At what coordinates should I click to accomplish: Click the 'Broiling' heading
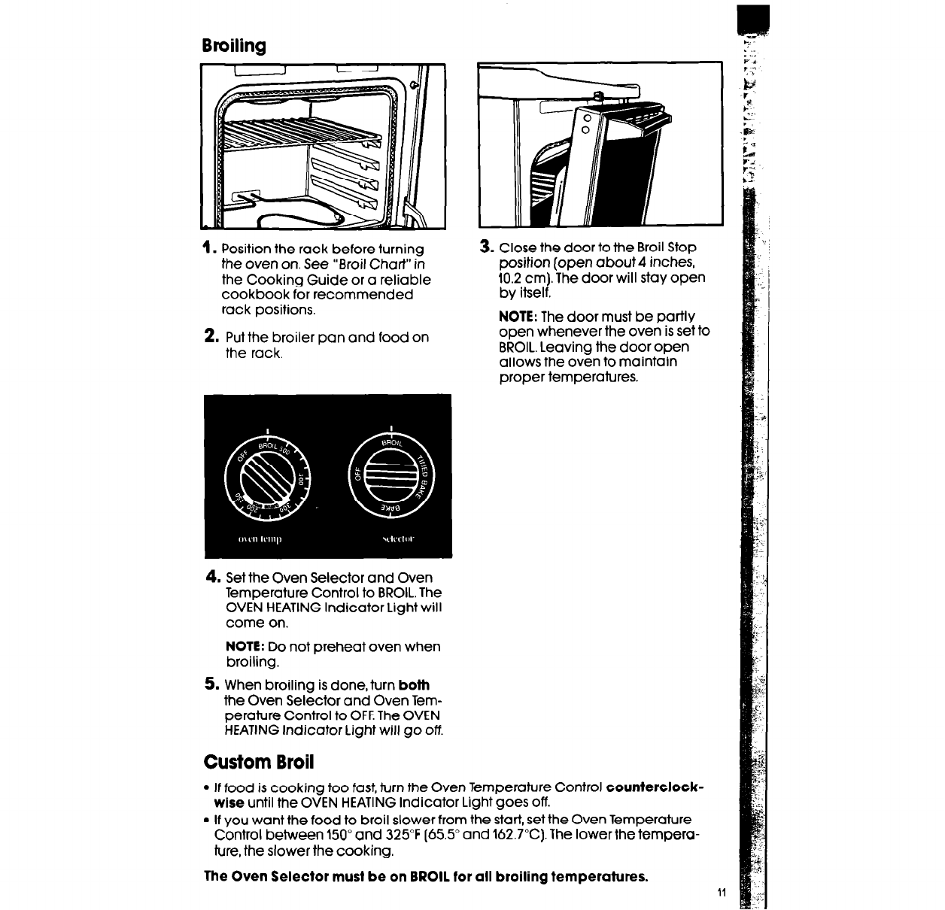click(x=233, y=47)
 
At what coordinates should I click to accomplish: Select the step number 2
click(x=210, y=336)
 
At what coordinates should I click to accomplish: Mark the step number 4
click(x=212, y=578)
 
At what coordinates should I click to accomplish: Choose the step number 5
click(x=211, y=684)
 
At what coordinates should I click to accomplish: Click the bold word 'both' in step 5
click(x=414, y=685)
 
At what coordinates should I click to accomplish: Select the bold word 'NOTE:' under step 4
click(x=244, y=647)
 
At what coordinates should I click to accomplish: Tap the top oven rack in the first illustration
click(x=301, y=135)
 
